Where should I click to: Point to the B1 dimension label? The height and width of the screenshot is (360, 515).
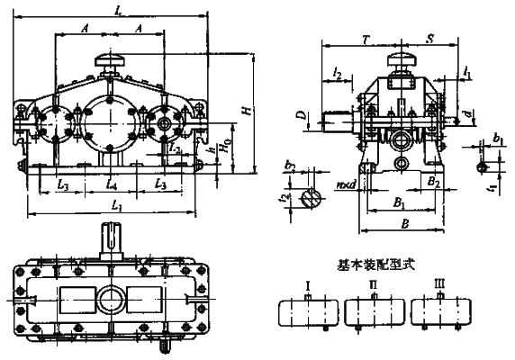click(397, 204)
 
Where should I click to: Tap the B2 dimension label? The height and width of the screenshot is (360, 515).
click(433, 182)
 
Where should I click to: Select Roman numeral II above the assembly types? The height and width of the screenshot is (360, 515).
click(372, 285)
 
